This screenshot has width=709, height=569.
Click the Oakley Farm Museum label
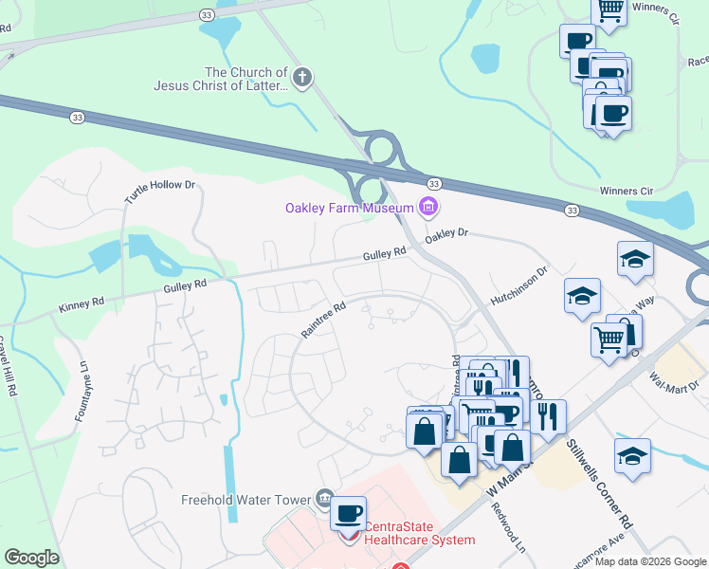349,208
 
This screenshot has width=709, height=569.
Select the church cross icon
301,79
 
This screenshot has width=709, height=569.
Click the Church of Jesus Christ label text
221,79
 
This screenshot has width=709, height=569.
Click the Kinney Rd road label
79,305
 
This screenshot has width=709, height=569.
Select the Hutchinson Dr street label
518,284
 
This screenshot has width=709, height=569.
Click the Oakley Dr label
446,232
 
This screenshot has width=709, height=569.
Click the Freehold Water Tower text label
246,500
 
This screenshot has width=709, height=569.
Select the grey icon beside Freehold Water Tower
324,499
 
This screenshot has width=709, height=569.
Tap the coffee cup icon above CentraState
349,513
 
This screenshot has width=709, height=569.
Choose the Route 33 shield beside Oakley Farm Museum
433,182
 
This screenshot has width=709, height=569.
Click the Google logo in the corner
31,557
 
